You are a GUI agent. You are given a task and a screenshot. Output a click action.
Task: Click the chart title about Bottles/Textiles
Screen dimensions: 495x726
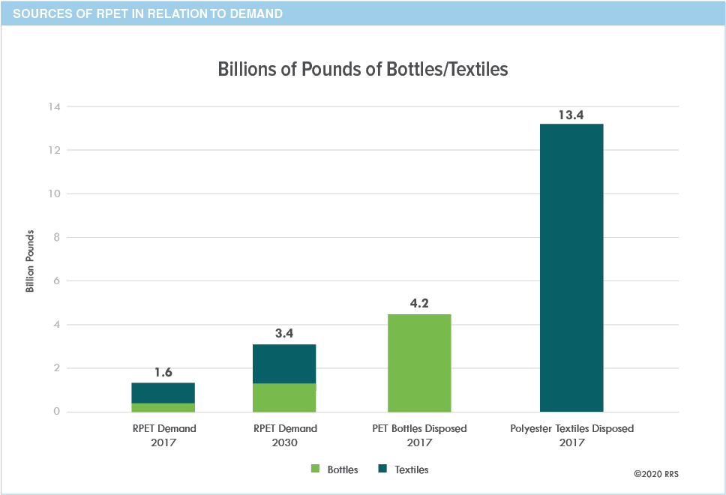pos(363,70)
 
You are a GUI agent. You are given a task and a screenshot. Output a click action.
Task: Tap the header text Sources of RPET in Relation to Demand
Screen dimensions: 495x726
pos(142,13)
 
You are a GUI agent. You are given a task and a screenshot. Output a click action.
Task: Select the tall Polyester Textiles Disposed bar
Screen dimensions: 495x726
pos(571,268)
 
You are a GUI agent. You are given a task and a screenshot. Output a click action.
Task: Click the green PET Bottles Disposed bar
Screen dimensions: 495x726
pos(419,363)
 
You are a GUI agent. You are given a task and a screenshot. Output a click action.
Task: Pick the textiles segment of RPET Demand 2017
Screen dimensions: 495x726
pos(163,393)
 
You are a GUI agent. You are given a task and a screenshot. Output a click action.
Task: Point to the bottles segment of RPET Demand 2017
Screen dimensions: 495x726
pos(163,407)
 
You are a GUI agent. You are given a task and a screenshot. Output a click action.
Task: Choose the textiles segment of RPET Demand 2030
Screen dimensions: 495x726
pos(284,364)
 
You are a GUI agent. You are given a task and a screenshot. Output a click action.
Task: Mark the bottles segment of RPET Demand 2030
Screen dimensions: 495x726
pos(284,397)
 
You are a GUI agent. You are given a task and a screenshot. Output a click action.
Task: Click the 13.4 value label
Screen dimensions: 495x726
pos(571,115)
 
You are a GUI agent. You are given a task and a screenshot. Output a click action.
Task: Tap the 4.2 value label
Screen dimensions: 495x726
pos(419,304)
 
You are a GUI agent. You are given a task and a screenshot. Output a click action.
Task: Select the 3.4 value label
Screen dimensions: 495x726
pos(284,334)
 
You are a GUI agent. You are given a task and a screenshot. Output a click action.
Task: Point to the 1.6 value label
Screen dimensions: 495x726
pos(163,373)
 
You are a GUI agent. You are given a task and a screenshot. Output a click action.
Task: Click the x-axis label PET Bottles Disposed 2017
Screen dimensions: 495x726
pos(419,435)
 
